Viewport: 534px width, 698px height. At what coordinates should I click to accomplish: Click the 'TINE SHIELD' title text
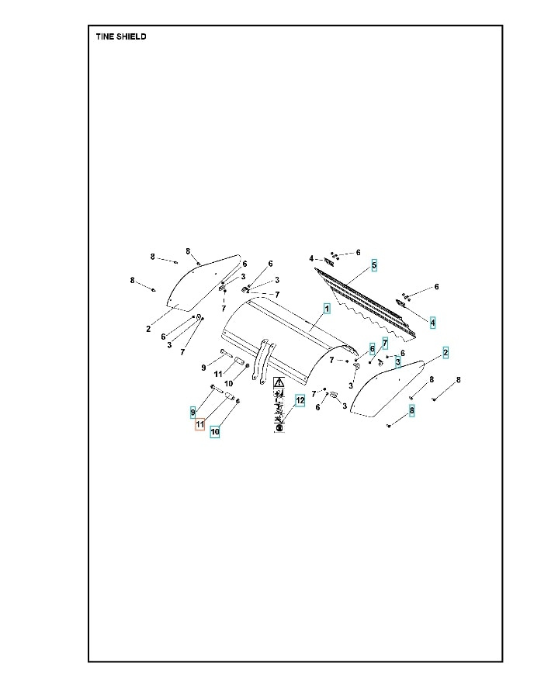tap(120, 36)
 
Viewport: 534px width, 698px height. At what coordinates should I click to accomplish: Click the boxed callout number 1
tap(327, 308)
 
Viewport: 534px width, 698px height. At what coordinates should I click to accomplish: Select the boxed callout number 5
tap(374, 265)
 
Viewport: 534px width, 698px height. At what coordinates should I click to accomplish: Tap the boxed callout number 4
tap(432, 321)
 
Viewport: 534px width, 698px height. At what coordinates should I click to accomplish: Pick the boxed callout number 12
tap(300, 400)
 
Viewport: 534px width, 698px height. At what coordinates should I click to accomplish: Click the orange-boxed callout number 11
tap(199, 424)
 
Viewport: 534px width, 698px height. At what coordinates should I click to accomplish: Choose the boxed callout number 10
tap(215, 430)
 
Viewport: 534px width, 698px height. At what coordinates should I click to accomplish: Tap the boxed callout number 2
tap(446, 353)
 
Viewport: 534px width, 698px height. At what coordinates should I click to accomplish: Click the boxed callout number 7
tap(384, 343)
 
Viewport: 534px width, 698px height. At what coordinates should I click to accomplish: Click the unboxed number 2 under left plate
tap(148, 329)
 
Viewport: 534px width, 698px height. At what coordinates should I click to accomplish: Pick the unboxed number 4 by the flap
tap(311, 258)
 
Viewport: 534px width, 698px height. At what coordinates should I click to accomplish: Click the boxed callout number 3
tap(397, 361)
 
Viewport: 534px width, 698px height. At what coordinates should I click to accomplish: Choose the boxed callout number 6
tap(372, 348)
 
